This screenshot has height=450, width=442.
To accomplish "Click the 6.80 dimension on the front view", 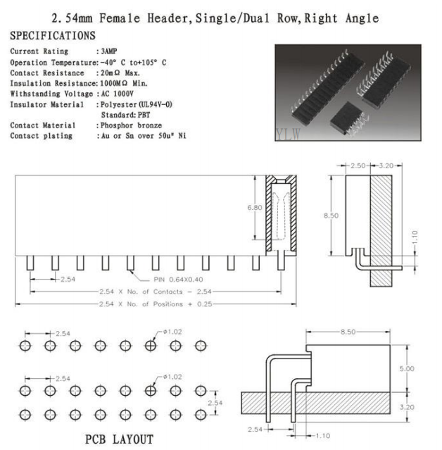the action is (255, 208).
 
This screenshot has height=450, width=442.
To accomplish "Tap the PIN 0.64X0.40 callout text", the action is (178, 280).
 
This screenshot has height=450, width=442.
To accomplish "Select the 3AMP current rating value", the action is (109, 51).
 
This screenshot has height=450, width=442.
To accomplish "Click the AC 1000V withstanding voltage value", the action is (117, 94).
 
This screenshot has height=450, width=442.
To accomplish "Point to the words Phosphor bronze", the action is (131, 125).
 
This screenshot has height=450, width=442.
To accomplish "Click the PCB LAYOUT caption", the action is (120, 439).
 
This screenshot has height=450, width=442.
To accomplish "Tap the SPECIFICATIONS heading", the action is (53, 36).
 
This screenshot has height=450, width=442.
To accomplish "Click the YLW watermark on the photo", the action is (289, 134).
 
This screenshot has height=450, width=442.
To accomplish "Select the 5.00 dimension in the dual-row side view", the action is (407, 368).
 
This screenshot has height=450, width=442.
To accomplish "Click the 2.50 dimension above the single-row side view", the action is (358, 165).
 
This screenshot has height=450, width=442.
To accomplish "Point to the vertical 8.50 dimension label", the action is (331, 215).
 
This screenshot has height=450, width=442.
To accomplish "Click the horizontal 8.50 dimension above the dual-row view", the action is (348, 332).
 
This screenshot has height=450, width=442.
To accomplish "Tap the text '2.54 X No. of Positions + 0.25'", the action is (156, 304).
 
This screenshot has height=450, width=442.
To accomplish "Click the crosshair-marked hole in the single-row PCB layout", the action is (151, 346).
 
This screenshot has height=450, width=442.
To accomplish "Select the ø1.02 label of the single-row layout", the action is (172, 332).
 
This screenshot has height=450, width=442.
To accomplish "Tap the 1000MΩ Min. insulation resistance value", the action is (124, 84).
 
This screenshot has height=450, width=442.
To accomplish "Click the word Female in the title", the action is (120, 18).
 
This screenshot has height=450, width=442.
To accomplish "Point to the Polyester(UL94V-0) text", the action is (137, 104).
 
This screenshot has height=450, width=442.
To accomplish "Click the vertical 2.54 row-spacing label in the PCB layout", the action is (215, 403).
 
